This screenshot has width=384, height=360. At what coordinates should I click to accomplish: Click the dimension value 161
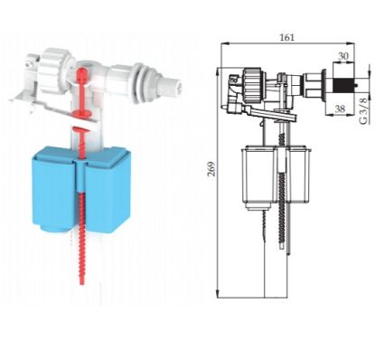[x=287, y=38]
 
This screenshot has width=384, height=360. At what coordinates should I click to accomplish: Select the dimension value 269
[x=211, y=169]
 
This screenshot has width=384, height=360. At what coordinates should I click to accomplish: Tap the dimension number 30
[x=343, y=56]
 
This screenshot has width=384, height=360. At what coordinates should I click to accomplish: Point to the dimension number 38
[x=340, y=109]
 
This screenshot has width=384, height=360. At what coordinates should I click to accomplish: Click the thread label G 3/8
[x=364, y=110]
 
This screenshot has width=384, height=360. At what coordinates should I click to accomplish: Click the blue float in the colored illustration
[x=82, y=189]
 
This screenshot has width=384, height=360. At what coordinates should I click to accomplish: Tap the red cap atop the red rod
[x=82, y=74]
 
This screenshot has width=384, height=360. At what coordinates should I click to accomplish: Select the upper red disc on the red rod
[x=82, y=113]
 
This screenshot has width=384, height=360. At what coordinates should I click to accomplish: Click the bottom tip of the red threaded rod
[x=81, y=284]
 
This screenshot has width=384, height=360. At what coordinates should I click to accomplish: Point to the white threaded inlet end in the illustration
[x=170, y=83]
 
